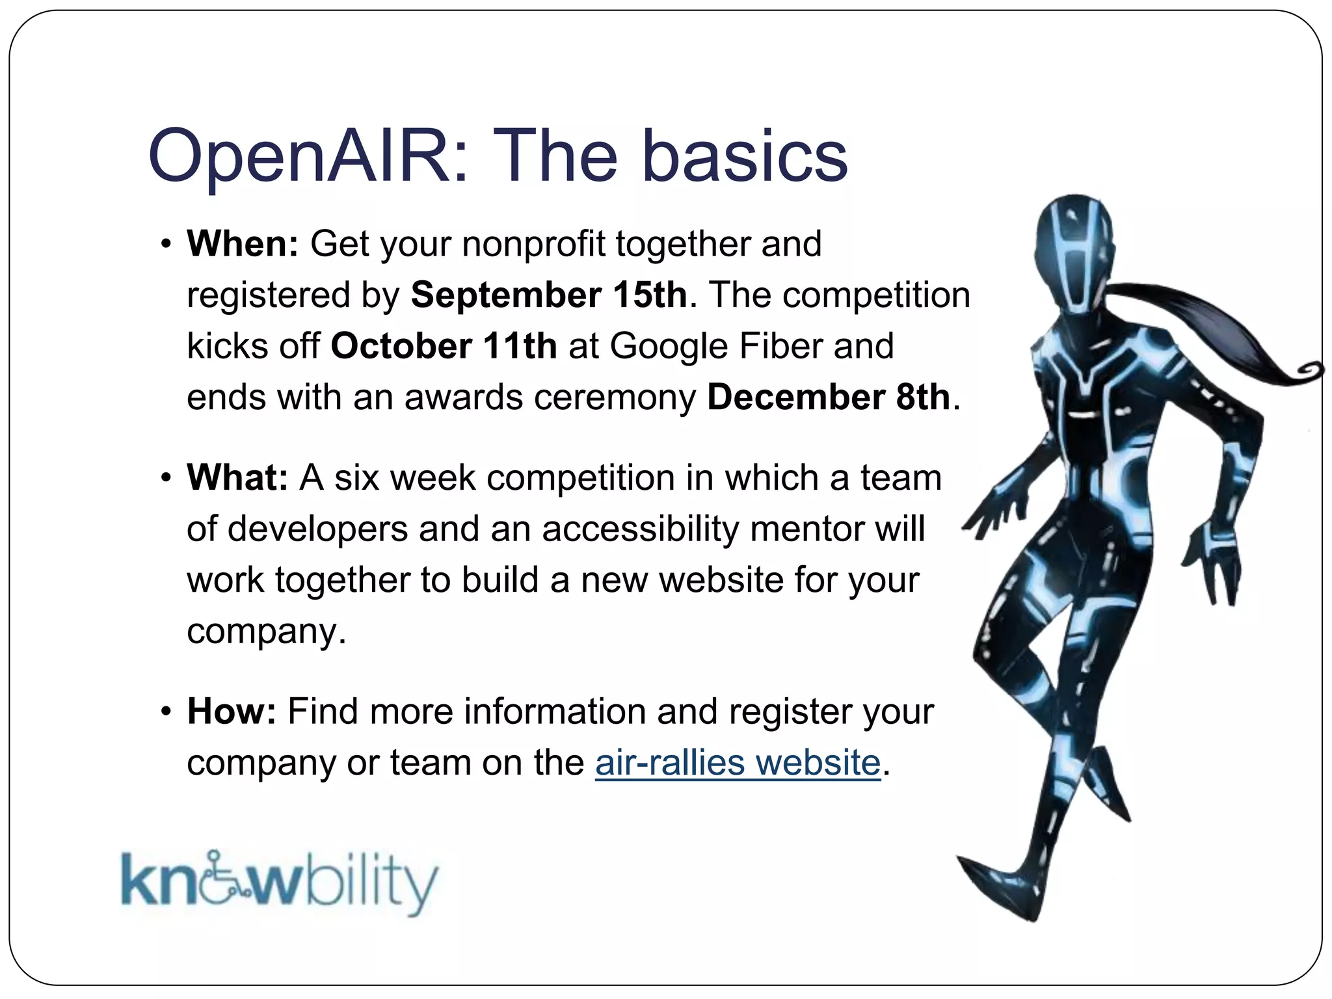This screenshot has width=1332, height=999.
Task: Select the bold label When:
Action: pos(243,244)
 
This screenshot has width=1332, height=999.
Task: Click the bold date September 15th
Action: pos(549,295)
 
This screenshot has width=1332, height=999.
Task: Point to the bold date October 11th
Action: pos(444,345)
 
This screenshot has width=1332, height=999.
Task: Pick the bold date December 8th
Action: pos(829,397)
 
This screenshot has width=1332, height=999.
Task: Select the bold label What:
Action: pos(237,478)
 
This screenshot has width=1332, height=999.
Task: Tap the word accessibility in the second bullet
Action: pos(641,529)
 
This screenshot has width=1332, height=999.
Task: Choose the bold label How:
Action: pos(232,712)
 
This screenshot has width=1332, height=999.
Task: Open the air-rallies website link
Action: pos(738,762)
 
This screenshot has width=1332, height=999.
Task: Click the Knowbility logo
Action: pos(280,882)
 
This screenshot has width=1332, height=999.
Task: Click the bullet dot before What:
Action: pos(166,479)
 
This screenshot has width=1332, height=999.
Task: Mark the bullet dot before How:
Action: pos(166,712)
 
